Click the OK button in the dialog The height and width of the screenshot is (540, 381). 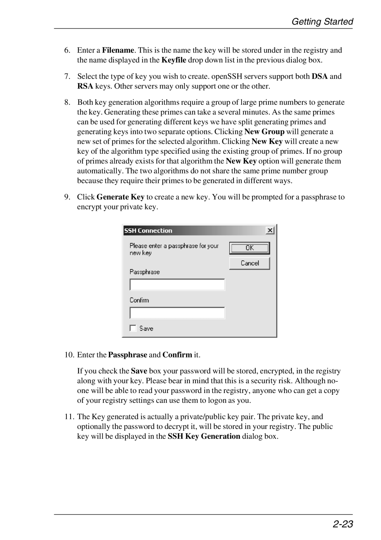point(249,248)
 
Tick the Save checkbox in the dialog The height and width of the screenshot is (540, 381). point(133,328)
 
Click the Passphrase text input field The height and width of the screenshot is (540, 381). point(177,285)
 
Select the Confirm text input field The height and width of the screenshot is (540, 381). point(177,313)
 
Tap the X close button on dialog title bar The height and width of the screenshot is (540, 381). point(270,231)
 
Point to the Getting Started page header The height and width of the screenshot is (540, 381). point(322,22)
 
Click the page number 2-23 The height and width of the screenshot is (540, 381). point(343,524)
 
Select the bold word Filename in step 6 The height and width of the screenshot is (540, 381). point(118,50)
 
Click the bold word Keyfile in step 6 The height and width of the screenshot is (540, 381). point(174,60)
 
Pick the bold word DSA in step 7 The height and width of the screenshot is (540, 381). point(320,76)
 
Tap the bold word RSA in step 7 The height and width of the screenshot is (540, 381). point(85,86)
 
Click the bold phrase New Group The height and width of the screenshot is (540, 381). point(264,131)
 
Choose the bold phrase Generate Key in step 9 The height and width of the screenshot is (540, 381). point(120,197)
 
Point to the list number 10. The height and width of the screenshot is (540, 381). point(69,355)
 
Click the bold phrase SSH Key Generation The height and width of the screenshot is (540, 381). point(204,436)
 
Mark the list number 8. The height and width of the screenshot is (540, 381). point(67,102)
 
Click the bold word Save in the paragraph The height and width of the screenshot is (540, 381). point(139,371)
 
